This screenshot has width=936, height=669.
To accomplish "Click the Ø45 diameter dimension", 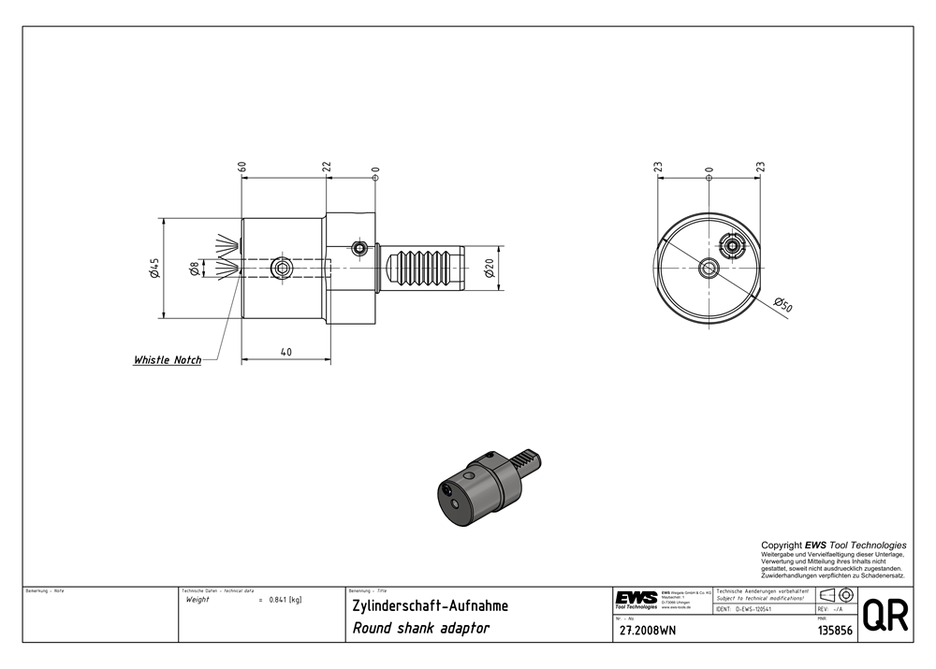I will pos(154,269).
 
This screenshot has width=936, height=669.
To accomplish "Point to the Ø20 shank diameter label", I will pos(489,269).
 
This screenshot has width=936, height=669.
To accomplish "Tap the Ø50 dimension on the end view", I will pos(783,305).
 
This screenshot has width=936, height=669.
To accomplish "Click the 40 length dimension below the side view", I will pos(285,352).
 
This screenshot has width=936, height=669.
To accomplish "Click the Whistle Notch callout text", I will pos(168,360).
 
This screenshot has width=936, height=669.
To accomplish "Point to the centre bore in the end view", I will pos(709,269).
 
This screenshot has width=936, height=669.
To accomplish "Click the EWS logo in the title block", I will pos(636,599).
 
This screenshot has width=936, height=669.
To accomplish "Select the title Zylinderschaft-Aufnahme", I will pos(430,605).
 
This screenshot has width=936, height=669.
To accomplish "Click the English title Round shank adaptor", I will pos(420,628).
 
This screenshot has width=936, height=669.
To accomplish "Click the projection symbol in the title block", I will pos(835,595).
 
